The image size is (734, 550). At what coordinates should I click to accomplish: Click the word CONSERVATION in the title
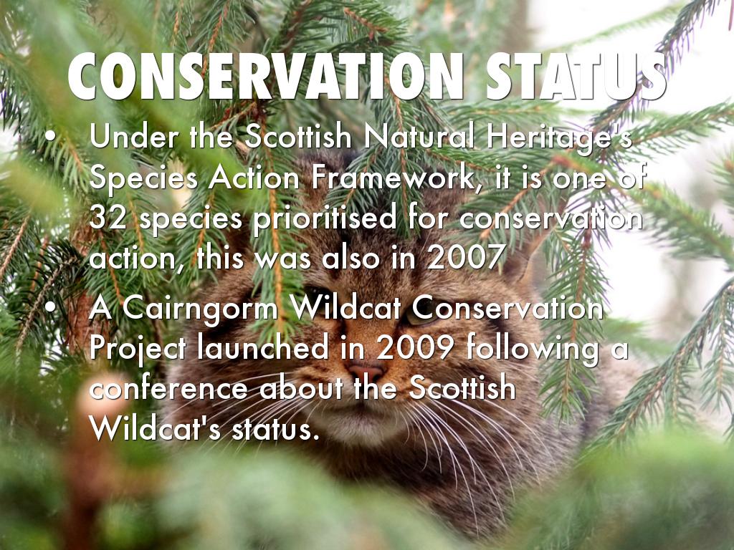click(266, 76)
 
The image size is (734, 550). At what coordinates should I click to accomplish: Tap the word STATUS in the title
click(576, 76)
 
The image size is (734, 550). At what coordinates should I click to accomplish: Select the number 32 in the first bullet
click(108, 217)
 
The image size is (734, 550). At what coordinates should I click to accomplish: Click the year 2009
click(415, 347)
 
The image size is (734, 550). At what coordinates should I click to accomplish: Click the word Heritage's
click(560, 139)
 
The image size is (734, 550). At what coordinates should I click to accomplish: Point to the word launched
click(263, 347)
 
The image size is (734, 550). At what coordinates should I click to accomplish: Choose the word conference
click(168, 389)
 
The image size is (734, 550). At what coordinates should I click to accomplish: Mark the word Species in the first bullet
click(143, 179)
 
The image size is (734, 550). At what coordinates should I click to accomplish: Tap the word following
click(533, 349)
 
